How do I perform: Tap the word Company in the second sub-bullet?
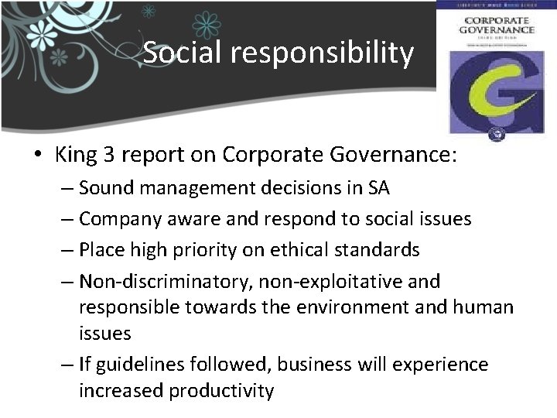[116, 219]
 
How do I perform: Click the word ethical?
[309, 250]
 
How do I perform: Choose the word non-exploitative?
[328, 281]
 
